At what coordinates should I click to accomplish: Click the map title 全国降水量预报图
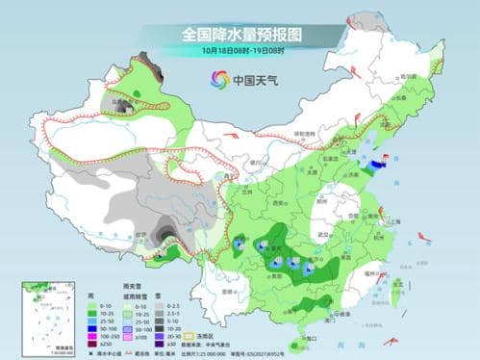pos(240,34)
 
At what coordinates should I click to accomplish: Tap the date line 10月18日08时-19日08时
pos(240,50)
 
